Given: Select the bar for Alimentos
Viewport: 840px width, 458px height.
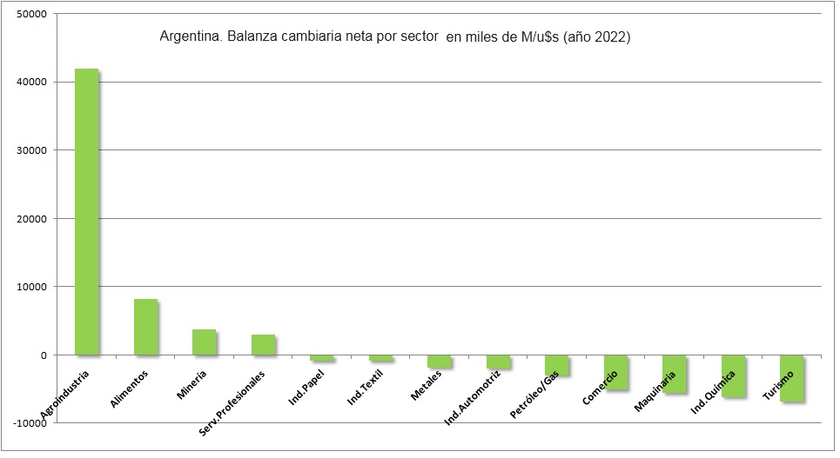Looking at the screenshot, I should tap(145, 327).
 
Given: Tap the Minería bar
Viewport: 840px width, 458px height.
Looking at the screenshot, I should tap(204, 342).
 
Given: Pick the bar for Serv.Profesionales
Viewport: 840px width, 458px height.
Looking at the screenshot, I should tap(263, 345).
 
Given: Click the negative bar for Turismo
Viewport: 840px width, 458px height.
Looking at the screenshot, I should tap(791, 378).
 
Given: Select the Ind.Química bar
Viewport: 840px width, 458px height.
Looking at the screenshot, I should tap(733, 376).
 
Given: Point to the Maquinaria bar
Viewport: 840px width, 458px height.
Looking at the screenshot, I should tap(674, 375).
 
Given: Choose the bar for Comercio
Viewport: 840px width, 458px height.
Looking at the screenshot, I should tap(615, 373).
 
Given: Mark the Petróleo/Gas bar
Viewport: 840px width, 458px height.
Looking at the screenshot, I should tap(556, 365).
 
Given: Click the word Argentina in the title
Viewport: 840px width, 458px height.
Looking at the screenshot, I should tap(185, 38).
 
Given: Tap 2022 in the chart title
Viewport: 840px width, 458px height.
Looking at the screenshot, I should tap(609, 38).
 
